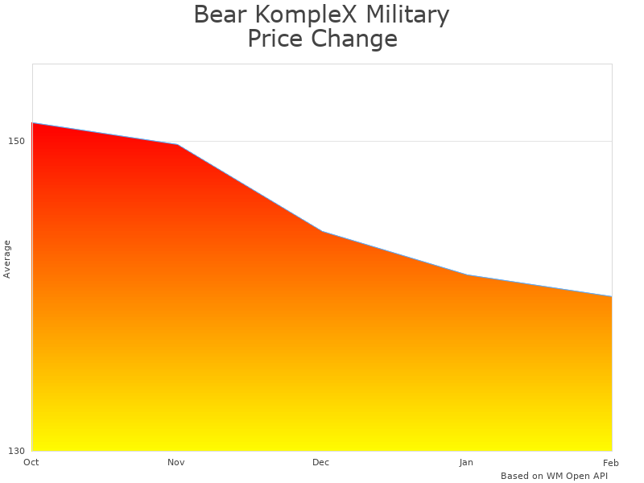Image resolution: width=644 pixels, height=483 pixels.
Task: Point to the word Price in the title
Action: tap(274, 39)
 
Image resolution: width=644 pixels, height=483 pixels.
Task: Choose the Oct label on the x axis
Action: tap(31, 462)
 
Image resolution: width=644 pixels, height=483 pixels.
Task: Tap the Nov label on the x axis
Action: tap(176, 462)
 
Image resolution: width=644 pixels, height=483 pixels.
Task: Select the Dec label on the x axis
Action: tap(321, 462)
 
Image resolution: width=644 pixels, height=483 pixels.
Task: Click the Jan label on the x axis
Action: tap(466, 462)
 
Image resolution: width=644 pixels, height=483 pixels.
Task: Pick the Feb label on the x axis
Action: tap(610, 462)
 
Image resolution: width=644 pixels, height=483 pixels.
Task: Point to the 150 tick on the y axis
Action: tap(17, 141)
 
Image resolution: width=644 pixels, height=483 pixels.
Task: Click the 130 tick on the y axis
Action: tap(17, 450)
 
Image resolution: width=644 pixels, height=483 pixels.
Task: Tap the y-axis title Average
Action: tap(7, 258)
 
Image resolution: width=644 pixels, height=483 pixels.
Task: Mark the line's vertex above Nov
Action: tap(177, 145)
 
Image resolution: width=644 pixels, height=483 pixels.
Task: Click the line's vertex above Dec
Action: tap(322, 232)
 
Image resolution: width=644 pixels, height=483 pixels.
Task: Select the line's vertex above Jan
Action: tap(467, 275)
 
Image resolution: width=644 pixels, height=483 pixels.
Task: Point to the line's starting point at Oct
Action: tap(32, 123)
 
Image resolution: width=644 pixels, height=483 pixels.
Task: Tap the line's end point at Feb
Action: tap(611, 297)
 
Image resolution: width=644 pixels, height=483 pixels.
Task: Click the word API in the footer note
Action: tap(598, 476)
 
